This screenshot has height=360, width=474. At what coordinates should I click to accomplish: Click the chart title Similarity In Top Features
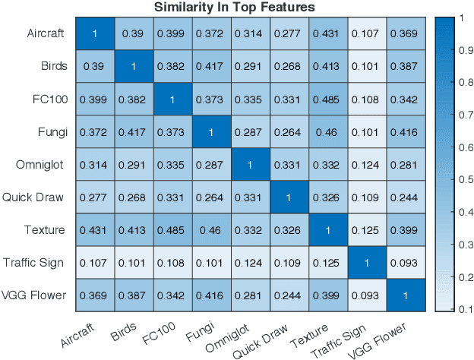(235, 8)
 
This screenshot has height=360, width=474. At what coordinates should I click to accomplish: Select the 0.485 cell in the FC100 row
(327, 99)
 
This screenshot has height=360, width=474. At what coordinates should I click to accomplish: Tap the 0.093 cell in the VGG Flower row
(365, 295)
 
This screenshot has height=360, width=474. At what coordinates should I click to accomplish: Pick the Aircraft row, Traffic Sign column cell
(365, 34)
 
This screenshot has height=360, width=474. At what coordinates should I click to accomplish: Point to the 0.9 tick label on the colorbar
(460, 49)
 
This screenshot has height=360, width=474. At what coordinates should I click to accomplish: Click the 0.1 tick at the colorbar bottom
(460, 310)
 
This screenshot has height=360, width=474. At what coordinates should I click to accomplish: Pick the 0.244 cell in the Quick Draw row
(405, 197)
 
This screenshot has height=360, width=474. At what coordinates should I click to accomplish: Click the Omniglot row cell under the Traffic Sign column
(365, 165)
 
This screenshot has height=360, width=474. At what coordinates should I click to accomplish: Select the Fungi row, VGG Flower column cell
(405, 132)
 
